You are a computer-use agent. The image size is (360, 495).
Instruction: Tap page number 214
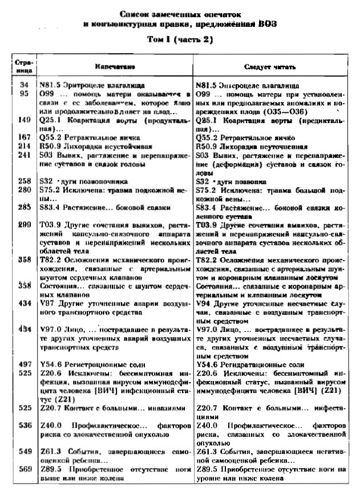[23, 145]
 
